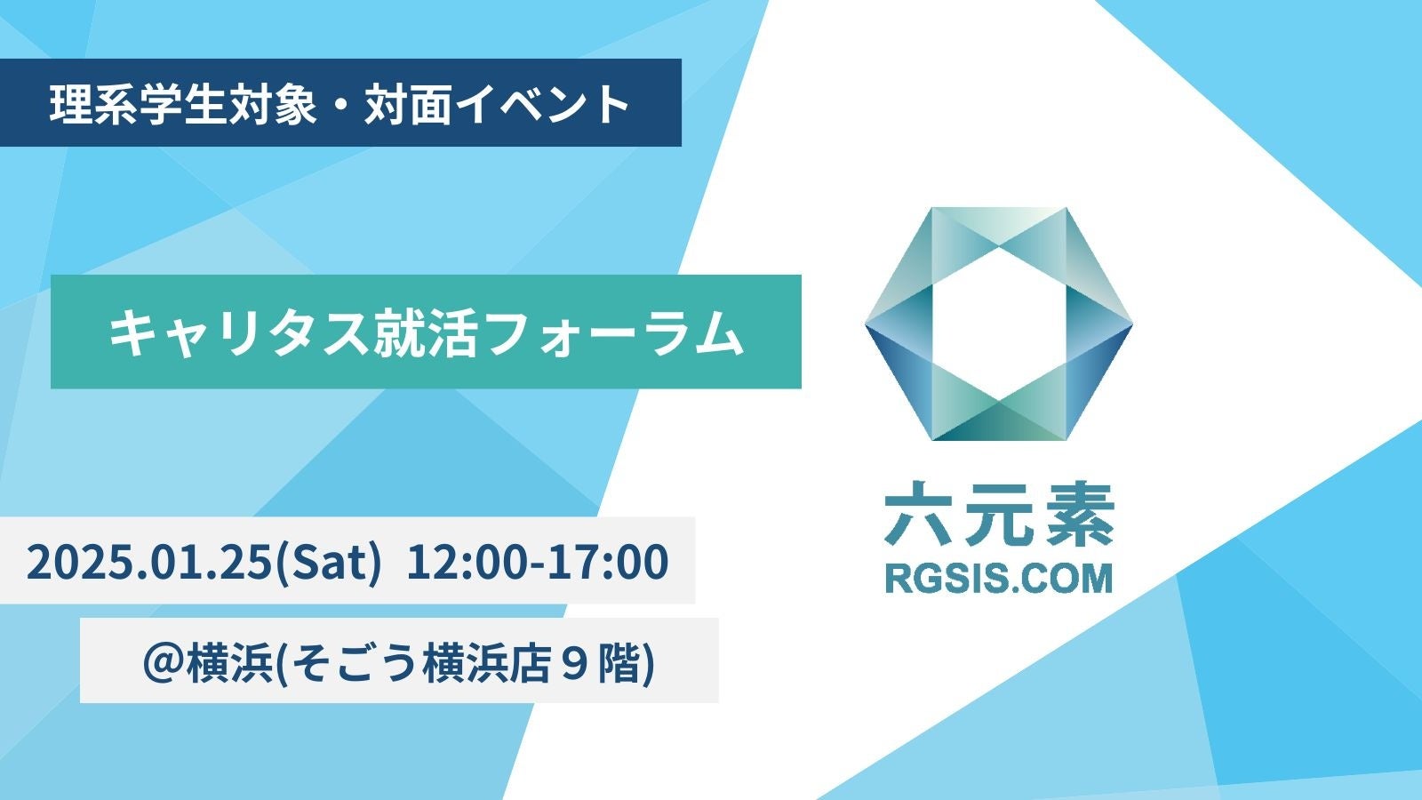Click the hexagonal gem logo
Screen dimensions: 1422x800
pyautogui.click(x=999, y=324)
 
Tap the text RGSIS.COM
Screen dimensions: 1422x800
pyautogui.click(x=999, y=579)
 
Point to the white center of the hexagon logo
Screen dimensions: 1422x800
pyautogui.click(x=999, y=324)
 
